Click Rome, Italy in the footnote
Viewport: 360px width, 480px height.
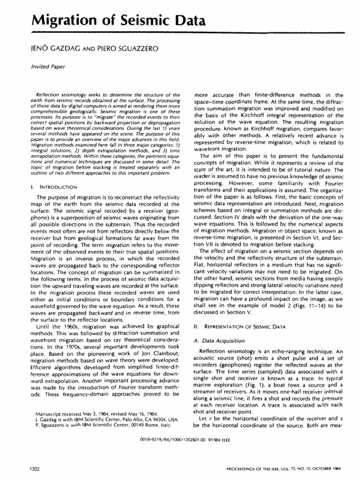pyautogui.click(x=149, y=426)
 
